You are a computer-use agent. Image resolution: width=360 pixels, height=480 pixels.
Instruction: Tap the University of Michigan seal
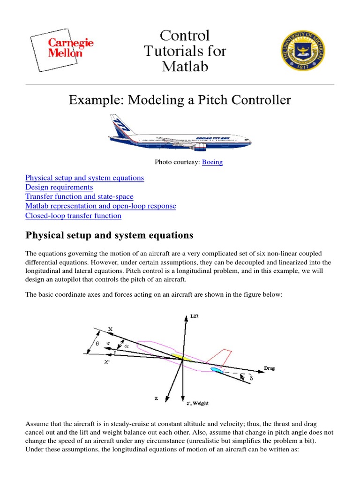(303, 51)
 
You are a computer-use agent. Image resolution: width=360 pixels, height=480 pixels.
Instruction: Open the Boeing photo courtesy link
(212, 162)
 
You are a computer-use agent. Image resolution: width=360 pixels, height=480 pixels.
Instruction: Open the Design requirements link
(59, 187)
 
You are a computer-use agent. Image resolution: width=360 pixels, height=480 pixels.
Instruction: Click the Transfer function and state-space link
(79, 197)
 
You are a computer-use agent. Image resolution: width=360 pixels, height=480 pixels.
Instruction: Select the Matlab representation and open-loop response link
(101, 206)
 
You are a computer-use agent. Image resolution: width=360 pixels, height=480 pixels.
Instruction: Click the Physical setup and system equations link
(84, 178)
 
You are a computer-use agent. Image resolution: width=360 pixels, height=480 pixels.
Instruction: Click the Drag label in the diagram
(270, 368)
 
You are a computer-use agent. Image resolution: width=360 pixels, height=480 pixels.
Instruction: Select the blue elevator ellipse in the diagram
(216, 371)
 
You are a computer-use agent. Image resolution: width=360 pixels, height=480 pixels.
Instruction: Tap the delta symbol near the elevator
(251, 378)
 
